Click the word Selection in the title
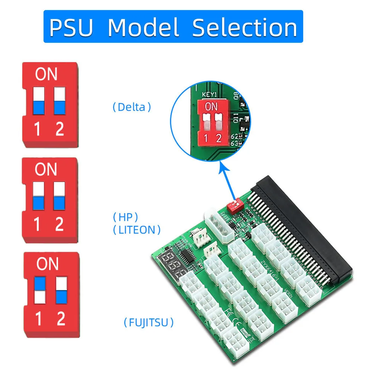tap(245, 27)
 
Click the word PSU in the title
tap(71, 27)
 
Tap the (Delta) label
tap(132, 107)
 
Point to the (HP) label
tap(126, 217)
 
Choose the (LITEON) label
tap(137, 230)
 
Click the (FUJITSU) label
tap(149, 322)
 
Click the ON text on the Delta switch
tap(46, 75)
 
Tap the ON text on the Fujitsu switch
tap(47, 264)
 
